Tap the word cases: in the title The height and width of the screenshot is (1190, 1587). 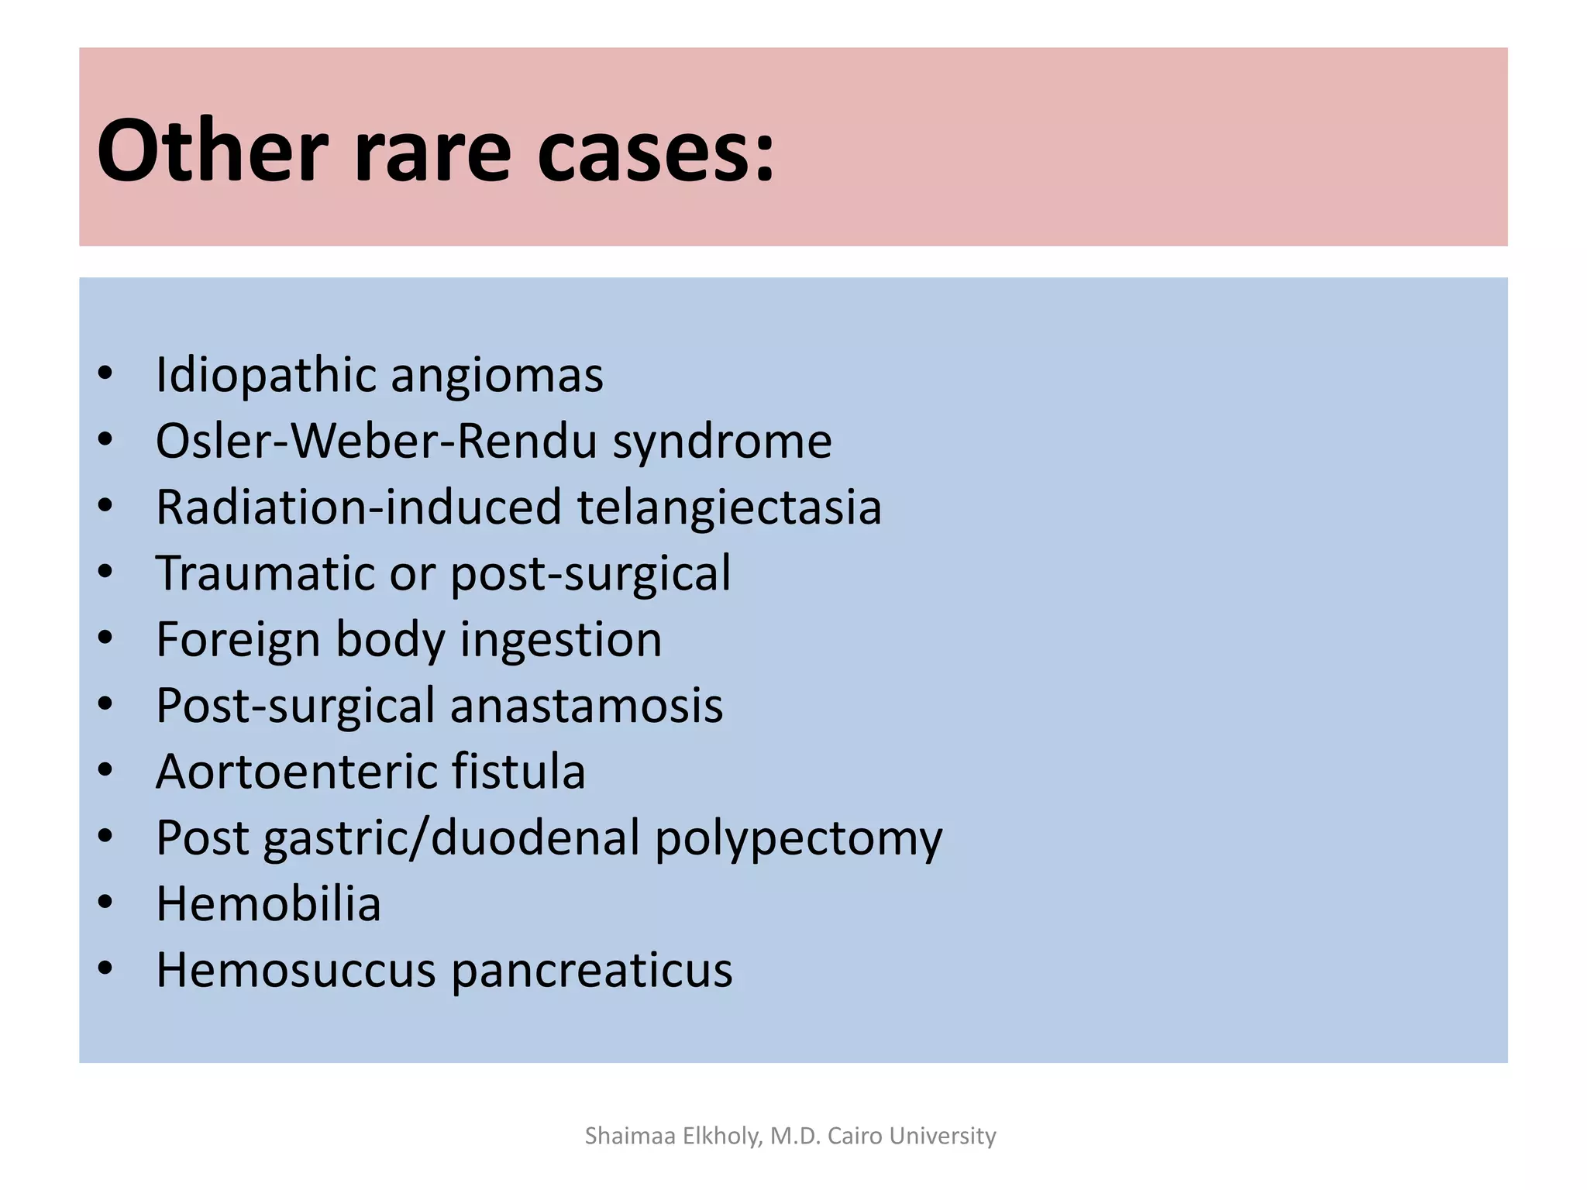656,151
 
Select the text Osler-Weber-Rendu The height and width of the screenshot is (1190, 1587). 377,442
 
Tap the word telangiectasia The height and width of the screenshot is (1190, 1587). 729,508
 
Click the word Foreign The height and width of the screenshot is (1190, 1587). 238,641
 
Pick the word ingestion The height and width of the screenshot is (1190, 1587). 561,641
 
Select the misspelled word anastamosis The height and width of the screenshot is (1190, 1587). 586,706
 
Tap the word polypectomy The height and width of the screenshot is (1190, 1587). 798,839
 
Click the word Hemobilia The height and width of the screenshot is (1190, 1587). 268,904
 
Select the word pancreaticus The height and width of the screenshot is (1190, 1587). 591,971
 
